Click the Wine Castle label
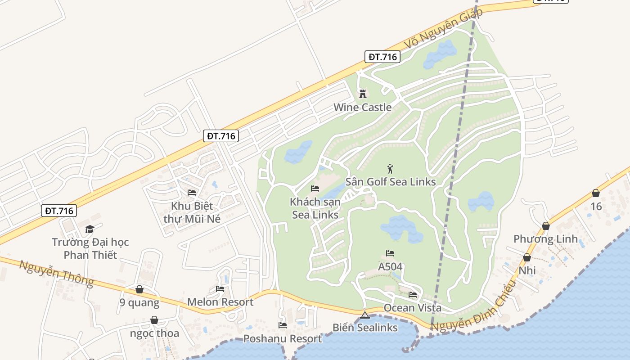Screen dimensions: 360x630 coord(362,108)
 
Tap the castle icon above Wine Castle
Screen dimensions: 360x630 coord(363,94)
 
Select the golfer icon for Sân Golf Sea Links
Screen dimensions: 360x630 coord(390,169)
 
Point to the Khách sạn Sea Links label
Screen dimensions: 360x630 coord(315,208)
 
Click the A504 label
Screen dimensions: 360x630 coord(390,267)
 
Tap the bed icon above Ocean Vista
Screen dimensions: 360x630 coord(413,295)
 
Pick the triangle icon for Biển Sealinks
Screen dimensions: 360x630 coord(364,315)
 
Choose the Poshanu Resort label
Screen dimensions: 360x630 coord(283,338)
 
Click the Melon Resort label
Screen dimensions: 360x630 coord(220,302)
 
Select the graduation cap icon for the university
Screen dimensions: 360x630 coord(90,229)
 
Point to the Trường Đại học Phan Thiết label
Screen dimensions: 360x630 coord(90,248)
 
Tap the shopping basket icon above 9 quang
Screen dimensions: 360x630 coord(139,289)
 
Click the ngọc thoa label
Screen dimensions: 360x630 coord(154,333)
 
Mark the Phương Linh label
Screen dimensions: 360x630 coord(545,239)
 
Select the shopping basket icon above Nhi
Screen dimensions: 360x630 coord(527,257)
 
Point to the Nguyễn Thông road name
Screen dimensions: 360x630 coord(57,273)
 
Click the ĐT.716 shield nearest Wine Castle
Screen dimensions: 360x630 coord(382,57)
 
